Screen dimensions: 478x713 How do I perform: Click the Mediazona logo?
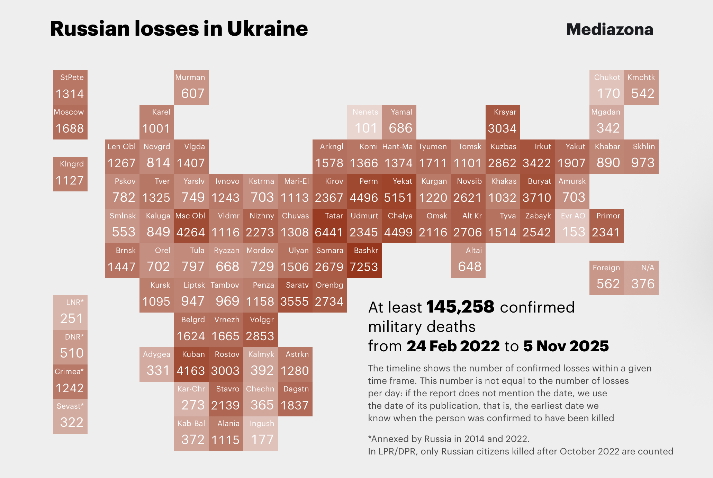tap(610, 29)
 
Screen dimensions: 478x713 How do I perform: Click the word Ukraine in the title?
tap(267, 28)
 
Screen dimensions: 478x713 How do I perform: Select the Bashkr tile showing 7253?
tap(364, 260)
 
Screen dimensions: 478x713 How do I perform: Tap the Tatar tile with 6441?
tap(330, 226)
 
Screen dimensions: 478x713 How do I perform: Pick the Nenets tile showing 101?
tap(364, 122)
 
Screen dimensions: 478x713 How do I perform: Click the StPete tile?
tap(70, 87)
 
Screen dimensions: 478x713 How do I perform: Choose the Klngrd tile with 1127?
tap(70, 174)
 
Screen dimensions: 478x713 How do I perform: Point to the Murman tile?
tap(191, 87)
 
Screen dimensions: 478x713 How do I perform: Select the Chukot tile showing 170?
tap(606, 87)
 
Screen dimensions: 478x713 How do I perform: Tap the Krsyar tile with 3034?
tap(503, 122)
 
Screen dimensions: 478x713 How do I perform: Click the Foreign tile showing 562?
tap(606, 278)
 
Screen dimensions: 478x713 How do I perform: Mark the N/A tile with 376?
tap(641, 278)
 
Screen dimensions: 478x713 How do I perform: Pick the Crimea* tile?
tap(70, 381)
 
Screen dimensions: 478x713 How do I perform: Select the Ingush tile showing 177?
tap(260, 433)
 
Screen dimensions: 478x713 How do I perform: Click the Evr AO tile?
tap(572, 226)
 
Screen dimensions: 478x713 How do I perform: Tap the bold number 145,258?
tap(460, 307)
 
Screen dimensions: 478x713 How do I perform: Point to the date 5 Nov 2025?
tap(566, 346)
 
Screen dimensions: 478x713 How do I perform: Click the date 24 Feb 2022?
tap(453, 346)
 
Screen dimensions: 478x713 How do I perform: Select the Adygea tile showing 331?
tap(156, 364)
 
